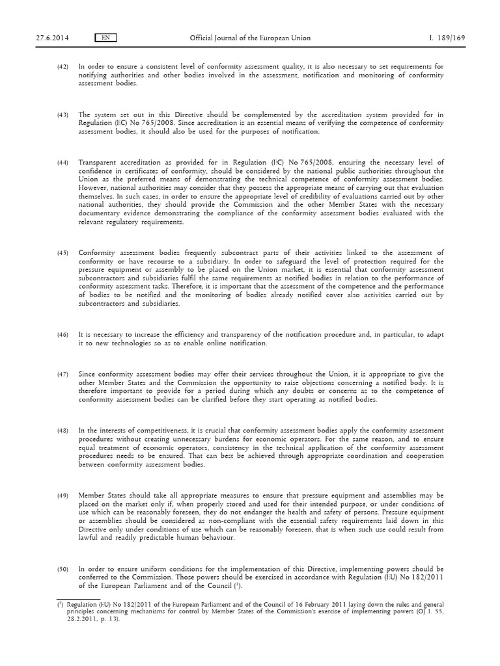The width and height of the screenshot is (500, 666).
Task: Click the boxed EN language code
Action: [x=105, y=38]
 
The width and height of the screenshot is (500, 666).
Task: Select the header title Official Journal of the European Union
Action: [x=249, y=38]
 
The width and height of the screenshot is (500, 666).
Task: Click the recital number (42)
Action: [x=62, y=66]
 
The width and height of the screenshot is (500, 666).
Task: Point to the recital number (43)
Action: [x=62, y=115]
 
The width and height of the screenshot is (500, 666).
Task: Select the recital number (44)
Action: [x=62, y=162]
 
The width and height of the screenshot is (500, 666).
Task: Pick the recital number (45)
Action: [x=62, y=252]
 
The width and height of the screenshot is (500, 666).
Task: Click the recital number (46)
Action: [x=62, y=334]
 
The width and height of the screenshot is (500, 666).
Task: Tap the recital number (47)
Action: [x=62, y=374]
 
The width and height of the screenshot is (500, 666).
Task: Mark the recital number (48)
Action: [x=62, y=431]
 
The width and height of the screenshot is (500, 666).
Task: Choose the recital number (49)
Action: [x=62, y=496]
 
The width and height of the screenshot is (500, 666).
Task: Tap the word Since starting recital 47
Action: [x=86, y=374]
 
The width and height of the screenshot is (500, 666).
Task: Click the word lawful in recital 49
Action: [x=87, y=538]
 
